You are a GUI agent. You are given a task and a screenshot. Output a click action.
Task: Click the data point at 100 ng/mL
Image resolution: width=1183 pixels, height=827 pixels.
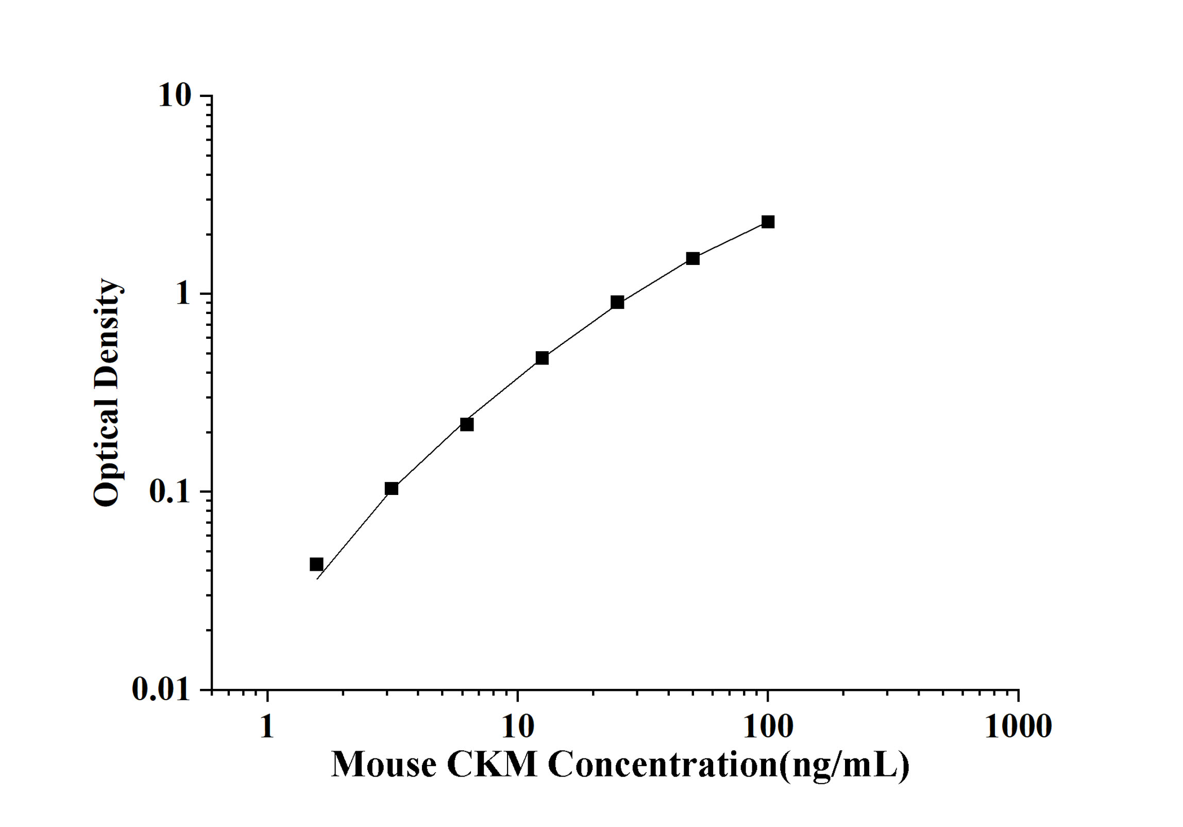click(768, 222)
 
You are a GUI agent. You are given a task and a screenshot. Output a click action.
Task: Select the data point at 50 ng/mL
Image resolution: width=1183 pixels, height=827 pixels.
click(693, 258)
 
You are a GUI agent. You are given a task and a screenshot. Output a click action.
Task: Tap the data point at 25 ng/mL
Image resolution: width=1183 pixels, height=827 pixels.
click(617, 302)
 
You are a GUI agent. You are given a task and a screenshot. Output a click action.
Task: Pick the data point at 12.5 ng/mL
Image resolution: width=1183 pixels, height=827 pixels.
click(542, 358)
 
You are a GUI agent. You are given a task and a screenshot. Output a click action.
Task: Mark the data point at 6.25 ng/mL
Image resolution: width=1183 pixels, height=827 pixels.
click(467, 424)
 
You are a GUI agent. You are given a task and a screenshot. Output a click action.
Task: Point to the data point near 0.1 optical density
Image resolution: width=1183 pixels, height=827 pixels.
click(392, 488)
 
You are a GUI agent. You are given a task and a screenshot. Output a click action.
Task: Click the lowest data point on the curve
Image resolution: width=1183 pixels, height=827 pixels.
click(316, 564)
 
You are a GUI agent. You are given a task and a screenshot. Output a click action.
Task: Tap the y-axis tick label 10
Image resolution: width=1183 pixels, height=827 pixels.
click(175, 96)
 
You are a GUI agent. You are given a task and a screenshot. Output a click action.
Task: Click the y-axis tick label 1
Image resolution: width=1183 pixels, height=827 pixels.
click(183, 294)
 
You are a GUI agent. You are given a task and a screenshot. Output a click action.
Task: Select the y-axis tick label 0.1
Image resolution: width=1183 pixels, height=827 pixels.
click(170, 492)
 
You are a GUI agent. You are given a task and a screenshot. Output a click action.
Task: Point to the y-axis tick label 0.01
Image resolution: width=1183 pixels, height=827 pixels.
click(161, 689)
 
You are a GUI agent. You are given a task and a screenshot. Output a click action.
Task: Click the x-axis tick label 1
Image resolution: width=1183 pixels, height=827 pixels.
click(267, 727)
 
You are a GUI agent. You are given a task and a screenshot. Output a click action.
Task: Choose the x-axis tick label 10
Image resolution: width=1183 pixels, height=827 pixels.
click(517, 727)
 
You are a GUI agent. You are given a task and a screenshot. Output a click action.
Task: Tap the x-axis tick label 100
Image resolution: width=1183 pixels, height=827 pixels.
click(768, 727)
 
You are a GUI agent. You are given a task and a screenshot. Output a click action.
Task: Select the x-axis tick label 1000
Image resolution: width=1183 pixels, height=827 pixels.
click(1018, 727)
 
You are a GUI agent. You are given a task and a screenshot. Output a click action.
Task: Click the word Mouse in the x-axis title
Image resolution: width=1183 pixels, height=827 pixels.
click(384, 765)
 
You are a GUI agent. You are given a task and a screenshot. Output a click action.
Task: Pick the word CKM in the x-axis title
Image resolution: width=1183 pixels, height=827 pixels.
click(492, 765)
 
